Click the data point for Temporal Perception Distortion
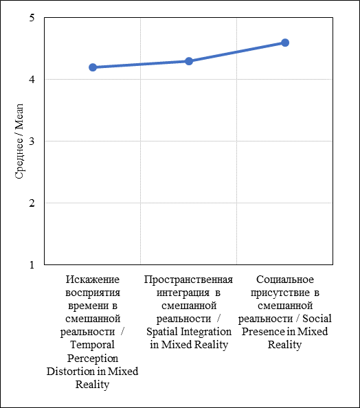(93, 67)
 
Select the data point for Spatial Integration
(189, 61)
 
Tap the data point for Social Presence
(285, 43)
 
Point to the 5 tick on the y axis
(32, 18)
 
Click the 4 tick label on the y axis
(32, 80)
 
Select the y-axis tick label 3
(32, 141)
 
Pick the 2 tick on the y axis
(32, 203)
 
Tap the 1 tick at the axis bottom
(32, 264)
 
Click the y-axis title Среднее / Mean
(19, 141)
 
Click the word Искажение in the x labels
(93, 279)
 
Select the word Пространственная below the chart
(188, 279)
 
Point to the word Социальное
(285, 279)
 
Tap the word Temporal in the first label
(93, 345)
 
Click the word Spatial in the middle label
(162, 332)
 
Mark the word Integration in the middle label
(206, 332)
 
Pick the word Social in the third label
(317, 319)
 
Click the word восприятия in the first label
(93, 293)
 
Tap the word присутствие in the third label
(280, 293)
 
